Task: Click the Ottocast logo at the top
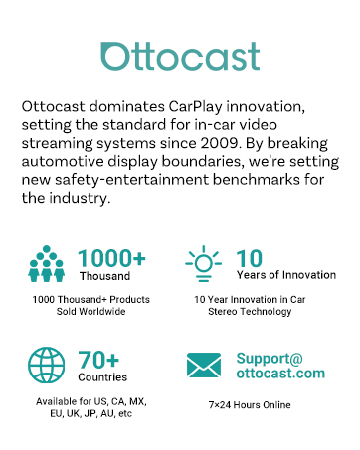tap(180, 55)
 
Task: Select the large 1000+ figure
tap(111, 258)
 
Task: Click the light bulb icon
tap(204, 263)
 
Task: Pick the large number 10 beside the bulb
tap(250, 258)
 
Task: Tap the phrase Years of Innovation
tap(280, 277)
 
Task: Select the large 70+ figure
tap(99, 359)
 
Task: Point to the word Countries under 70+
tap(102, 377)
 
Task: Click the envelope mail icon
tap(204, 367)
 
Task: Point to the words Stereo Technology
tap(257, 312)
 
